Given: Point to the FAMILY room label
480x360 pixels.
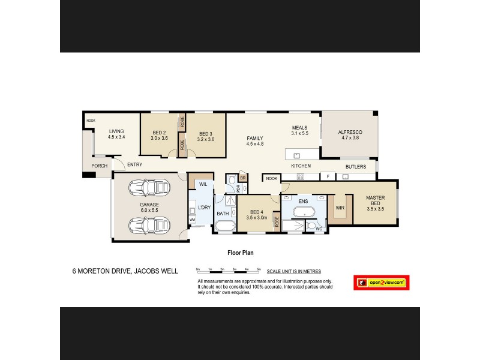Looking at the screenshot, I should tap(255, 140).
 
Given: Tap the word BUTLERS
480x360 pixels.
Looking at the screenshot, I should tap(356, 167).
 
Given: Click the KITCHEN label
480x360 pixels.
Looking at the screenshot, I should tap(300, 166).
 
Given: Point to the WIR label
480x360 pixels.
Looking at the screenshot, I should tap(340, 208).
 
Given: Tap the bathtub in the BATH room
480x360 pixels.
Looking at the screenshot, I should tap(225, 227).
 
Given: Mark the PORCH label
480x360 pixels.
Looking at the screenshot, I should tap(99, 166).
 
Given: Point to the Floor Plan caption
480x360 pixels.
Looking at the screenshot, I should tap(239, 253).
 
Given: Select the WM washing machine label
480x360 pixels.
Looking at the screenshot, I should tap(193, 220).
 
